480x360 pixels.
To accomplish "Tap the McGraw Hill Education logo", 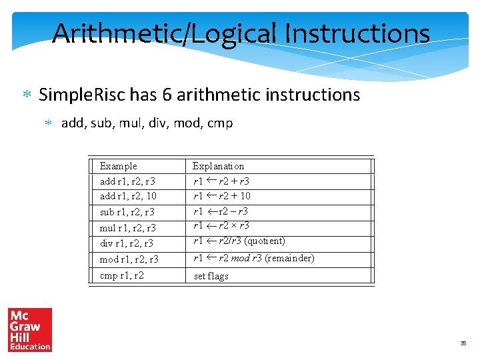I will (x=29, y=329).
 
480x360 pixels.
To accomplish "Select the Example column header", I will (x=118, y=166).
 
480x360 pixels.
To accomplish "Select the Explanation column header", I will (x=218, y=166).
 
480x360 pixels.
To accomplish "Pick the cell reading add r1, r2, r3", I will (x=127, y=181).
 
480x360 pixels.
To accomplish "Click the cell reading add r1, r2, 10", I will (x=128, y=196).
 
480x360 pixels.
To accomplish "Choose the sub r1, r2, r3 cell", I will (x=127, y=212).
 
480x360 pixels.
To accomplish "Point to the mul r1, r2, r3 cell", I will (x=127, y=228).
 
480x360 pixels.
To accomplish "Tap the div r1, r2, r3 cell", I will (x=126, y=243).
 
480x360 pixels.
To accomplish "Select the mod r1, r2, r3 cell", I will (x=129, y=259).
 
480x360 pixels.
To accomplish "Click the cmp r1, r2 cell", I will (x=121, y=275).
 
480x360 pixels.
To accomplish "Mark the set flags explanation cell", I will (x=211, y=276).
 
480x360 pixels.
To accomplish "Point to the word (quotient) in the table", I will (x=265, y=241).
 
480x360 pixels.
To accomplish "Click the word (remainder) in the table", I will (x=289, y=258).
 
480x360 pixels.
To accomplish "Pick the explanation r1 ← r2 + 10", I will (x=222, y=196).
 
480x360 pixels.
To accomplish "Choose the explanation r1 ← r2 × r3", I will (x=221, y=225).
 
